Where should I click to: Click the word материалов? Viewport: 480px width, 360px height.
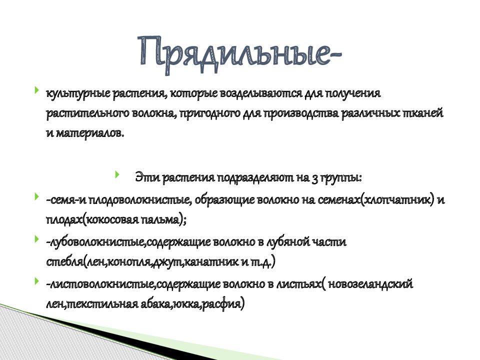click(88, 133)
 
